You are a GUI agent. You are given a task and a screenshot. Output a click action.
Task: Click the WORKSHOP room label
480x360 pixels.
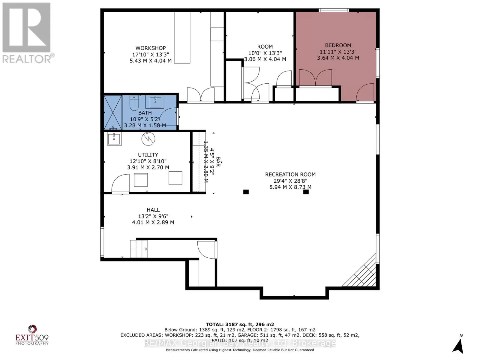point(151,48)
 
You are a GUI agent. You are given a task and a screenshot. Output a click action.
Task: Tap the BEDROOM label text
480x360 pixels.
point(338,46)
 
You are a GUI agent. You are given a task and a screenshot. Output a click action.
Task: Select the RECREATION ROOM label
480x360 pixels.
point(290,174)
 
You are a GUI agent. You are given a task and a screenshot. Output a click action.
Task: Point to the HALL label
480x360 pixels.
point(153,210)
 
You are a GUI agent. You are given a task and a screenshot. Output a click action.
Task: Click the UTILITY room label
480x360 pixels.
point(148,155)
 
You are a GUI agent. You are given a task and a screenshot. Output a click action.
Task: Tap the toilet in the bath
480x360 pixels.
point(134,103)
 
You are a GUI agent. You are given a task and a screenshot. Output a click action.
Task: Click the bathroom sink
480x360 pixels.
point(155,102)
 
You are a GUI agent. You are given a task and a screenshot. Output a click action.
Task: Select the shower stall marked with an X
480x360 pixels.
point(113,112)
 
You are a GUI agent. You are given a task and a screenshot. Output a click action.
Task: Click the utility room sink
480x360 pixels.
point(114,139)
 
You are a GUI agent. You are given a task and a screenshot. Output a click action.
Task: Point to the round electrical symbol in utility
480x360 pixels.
point(148,139)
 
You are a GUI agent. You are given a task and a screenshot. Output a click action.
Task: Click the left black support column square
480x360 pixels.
point(246,192)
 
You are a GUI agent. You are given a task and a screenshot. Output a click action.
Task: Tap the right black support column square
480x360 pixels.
point(306,192)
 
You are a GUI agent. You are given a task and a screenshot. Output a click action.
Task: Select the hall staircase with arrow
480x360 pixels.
point(139,249)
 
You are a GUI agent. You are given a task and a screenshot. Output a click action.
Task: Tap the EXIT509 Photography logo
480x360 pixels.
point(32,335)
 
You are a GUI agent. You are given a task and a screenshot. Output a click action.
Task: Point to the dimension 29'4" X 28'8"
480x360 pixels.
point(290,181)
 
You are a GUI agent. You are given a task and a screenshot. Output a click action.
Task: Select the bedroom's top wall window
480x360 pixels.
point(334,10)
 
